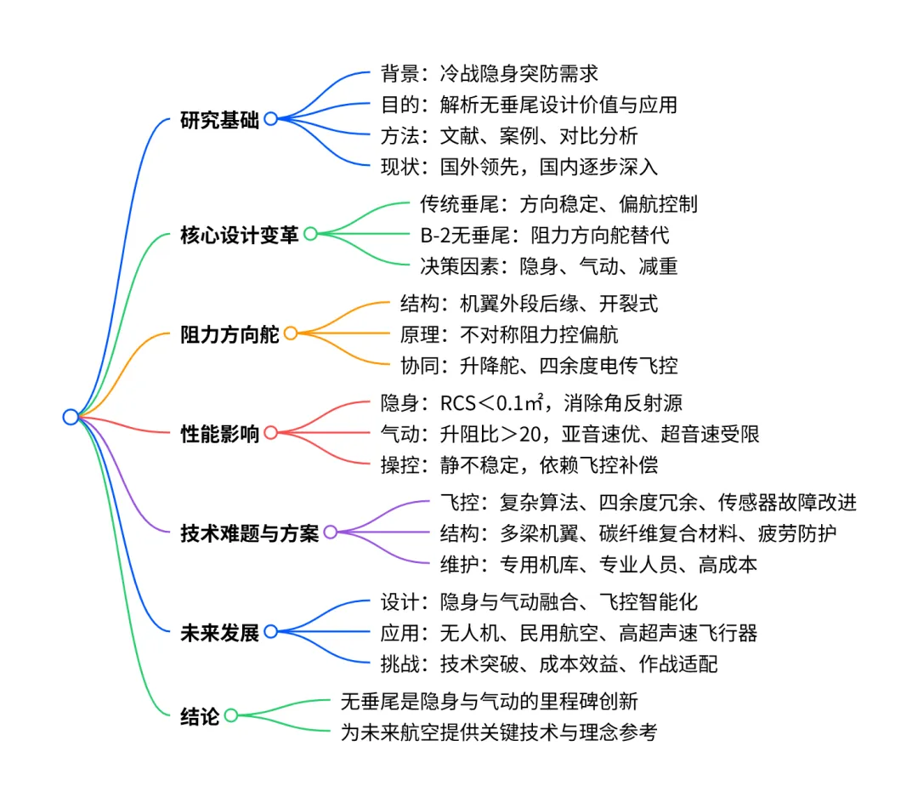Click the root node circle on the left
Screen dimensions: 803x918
[71, 417]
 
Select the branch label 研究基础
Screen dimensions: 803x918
[219, 119]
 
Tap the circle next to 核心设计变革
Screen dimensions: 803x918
[310, 234]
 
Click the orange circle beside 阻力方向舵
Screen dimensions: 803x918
[291, 333]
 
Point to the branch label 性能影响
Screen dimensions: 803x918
[219, 433]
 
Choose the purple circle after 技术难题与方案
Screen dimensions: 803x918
[331, 532]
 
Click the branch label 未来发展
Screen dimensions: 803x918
[219, 632]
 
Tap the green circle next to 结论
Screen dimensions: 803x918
[230, 715]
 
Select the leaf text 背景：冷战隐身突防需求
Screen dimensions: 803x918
[490, 73]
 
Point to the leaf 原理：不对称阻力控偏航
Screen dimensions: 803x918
[509, 333]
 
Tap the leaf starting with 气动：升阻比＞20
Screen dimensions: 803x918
[569, 433]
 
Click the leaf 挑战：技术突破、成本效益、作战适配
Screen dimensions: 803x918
[549, 663]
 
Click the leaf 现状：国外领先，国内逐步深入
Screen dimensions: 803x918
[518, 166]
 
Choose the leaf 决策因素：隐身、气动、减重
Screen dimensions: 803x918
[548, 265]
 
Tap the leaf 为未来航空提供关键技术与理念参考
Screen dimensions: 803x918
[499, 732]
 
